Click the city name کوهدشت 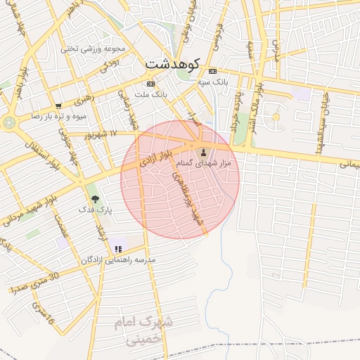173,63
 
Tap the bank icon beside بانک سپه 212,72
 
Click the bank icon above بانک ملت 150,83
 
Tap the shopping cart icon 58,105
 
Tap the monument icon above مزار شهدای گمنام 204,152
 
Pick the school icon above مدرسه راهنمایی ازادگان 117,248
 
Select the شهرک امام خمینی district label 144,330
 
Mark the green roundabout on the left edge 8,122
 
